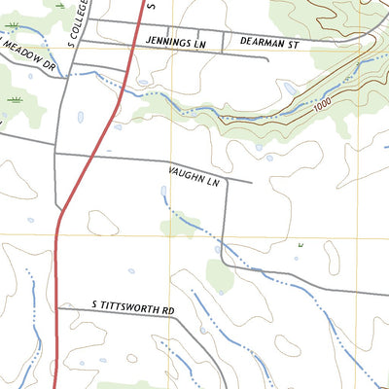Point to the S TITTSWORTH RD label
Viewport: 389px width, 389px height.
133,310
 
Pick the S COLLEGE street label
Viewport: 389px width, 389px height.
83,19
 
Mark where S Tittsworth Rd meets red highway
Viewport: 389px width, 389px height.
57,307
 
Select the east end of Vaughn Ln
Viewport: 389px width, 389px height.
251,181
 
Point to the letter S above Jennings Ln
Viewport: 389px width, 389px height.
151,4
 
